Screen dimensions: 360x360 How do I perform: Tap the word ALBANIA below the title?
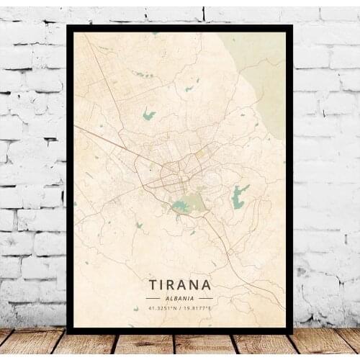click(180, 297)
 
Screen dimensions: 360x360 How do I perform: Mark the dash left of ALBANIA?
click(153, 297)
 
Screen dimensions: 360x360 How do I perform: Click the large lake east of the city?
click(239, 196)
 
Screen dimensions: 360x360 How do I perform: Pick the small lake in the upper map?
click(149, 114)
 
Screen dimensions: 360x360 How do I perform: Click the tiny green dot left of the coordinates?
click(135, 309)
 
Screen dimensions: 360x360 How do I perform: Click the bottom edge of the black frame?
click(180, 329)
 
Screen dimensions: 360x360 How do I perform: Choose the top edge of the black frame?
click(180, 28)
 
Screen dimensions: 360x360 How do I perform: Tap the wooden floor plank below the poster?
click(180, 346)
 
